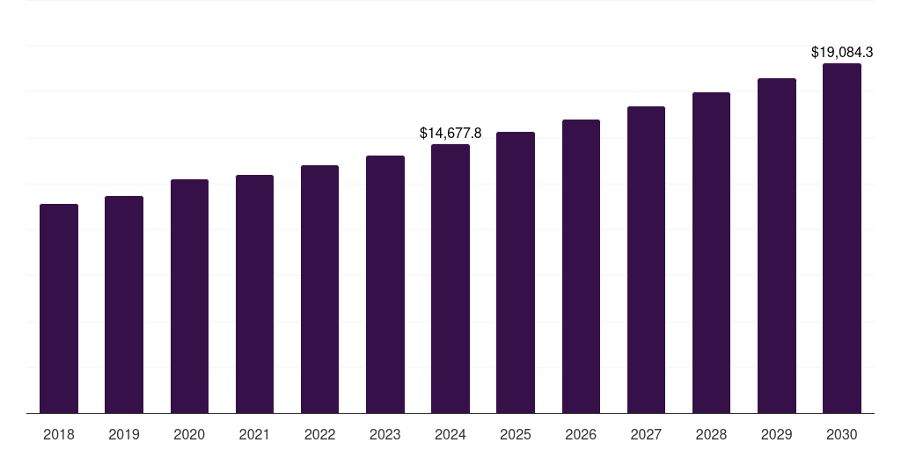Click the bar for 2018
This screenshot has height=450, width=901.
[59, 308]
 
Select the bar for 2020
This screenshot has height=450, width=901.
[189, 296]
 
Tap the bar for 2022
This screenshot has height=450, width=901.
[319, 289]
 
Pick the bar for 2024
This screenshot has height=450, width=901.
[450, 279]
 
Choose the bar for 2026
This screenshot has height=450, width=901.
[581, 266]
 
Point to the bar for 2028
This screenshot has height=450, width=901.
[711, 252]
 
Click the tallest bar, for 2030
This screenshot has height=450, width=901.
[842, 238]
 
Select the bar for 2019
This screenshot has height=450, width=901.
[124, 304]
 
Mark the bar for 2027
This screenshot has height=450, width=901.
[646, 259]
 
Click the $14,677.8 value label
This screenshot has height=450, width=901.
[450, 134]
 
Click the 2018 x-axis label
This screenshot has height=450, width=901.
[59, 434]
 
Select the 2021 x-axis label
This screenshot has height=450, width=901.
[254, 434]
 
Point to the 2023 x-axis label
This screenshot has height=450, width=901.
[385, 434]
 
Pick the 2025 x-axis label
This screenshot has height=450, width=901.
[516, 434]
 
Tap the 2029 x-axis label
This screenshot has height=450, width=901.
[777, 434]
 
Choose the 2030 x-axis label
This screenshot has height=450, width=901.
[842, 434]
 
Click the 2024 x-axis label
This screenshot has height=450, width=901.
[450, 434]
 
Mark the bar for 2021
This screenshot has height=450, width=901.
[254, 294]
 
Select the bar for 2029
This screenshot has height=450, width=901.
[777, 245]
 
